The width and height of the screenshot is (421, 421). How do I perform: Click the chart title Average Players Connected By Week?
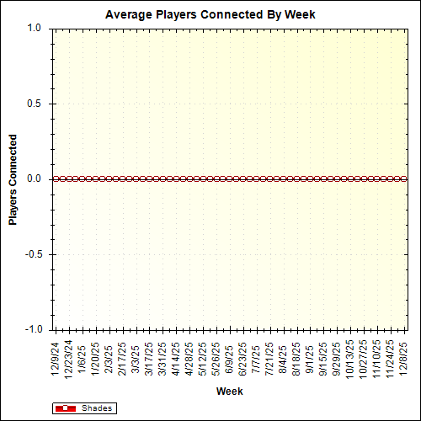(210, 15)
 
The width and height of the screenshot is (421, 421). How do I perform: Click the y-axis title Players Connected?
(13, 179)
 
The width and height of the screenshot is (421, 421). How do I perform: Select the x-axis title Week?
(229, 392)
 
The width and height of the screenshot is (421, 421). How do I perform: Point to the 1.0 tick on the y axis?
(34, 28)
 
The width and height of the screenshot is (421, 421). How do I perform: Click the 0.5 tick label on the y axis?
(34, 104)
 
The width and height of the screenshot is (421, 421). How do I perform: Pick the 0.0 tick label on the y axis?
(34, 179)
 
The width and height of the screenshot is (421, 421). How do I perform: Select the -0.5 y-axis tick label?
(32, 254)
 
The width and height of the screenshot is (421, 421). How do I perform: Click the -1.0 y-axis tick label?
(32, 329)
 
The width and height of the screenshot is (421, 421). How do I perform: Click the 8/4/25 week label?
(284, 357)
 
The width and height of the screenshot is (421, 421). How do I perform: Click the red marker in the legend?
(65, 408)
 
